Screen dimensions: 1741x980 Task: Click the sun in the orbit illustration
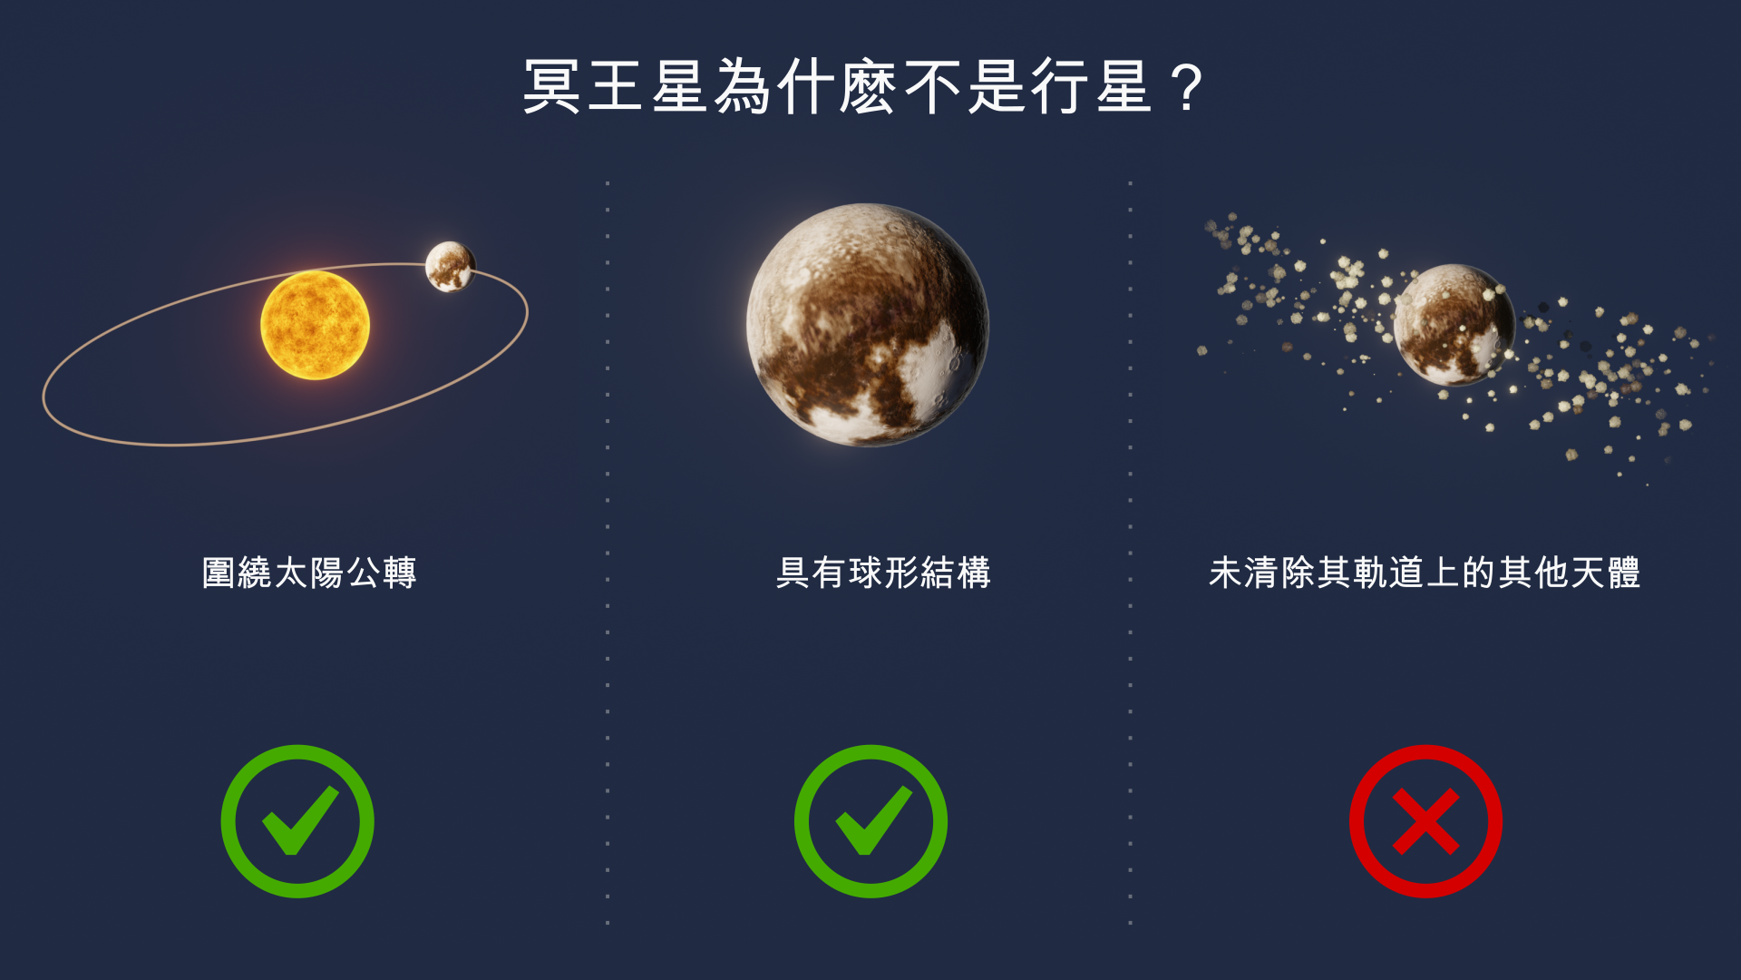coord(315,325)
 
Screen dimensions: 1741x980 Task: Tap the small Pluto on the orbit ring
coord(450,266)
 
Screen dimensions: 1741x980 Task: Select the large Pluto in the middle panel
coord(868,325)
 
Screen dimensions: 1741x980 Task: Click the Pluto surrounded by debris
coord(1454,325)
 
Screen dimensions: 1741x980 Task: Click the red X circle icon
coord(1425,821)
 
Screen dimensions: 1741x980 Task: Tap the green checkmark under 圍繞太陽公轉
coord(297,821)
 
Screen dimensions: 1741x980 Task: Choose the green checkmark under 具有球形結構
coord(870,821)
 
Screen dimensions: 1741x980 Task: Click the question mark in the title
coord(1186,88)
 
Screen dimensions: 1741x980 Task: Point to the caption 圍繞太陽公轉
coord(309,573)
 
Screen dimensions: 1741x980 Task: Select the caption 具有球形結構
coord(883,573)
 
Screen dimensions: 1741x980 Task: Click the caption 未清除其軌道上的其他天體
coord(1425,573)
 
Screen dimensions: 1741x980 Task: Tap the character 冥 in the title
coord(551,87)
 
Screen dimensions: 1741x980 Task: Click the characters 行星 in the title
coord(1092,87)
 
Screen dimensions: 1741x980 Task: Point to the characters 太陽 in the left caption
coord(309,573)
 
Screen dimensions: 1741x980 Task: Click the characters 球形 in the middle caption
coord(883,573)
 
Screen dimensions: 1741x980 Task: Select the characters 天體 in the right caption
coord(1606,573)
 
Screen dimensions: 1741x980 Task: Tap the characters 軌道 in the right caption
coord(1388,573)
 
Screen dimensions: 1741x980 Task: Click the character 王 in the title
coord(616,87)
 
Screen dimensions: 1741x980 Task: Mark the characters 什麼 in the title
coord(838,87)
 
